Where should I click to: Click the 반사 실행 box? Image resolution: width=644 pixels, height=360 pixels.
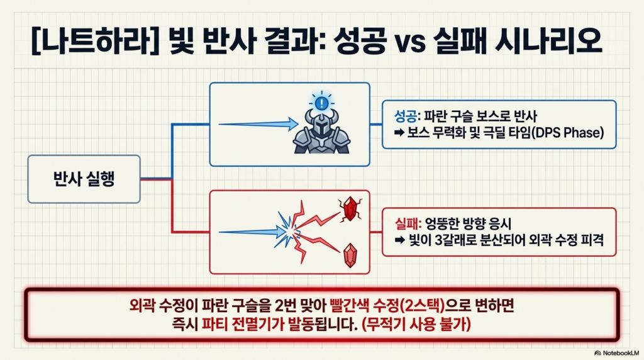(x=84, y=179)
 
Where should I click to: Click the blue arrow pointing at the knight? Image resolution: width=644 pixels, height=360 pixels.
(x=258, y=124)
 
